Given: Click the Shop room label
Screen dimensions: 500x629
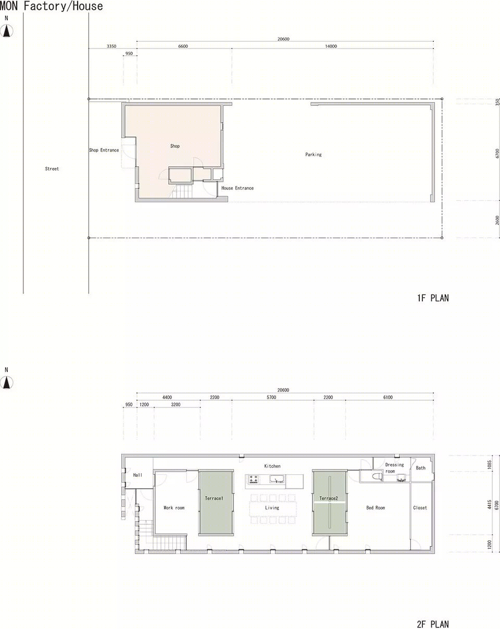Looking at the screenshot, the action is click(x=175, y=146).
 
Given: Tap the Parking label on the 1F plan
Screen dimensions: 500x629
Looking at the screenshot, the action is click(x=313, y=154).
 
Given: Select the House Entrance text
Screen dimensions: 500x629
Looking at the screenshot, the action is click(x=238, y=188).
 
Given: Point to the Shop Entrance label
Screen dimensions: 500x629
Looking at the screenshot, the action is click(x=104, y=150).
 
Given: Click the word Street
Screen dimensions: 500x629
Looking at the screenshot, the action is click(x=52, y=169).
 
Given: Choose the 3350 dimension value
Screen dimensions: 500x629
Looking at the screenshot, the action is click(x=111, y=46).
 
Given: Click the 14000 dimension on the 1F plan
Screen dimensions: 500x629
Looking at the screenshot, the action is click(x=331, y=46).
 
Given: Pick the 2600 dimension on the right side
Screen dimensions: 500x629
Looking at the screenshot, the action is click(x=497, y=220).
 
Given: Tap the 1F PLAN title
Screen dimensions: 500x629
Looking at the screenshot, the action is click(x=433, y=298).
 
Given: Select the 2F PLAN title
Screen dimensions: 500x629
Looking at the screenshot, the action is click(x=433, y=624).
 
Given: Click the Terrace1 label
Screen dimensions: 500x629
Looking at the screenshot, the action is click(x=214, y=498).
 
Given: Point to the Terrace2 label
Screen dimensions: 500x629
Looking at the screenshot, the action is click(x=329, y=498).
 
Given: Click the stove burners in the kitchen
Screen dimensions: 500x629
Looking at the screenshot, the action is click(x=253, y=479).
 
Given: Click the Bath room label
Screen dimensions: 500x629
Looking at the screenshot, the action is click(x=420, y=468).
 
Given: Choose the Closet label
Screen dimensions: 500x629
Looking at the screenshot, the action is click(x=420, y=508).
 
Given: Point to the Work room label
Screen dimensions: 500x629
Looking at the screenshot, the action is click(x=174, y=508).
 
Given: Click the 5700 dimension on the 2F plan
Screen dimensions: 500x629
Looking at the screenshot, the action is click(x=271, y=397).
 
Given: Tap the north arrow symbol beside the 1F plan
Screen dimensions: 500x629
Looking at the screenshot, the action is click(x=6, y=31).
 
